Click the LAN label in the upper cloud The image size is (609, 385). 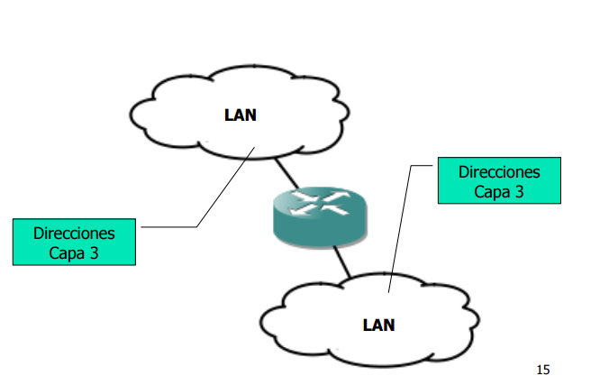tap(241, 115)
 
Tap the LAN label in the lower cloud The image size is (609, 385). tap(378, 325)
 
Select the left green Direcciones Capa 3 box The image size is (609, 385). tap(74, 242)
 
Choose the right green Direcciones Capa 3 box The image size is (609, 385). tap(499, 180)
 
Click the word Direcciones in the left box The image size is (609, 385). tap(74, 233)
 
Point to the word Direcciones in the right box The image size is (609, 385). tap(499, 171)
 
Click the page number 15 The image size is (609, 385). tap(542, 370)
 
